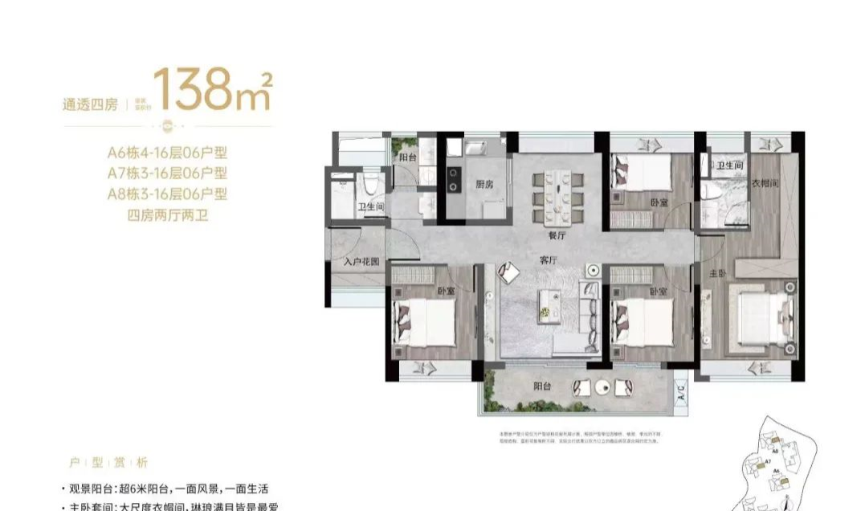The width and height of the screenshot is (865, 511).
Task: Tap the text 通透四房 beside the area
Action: (90, 104)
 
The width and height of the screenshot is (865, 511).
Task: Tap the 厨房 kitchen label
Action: (484, 184)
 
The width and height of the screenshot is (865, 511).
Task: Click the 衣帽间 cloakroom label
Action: (765, 183)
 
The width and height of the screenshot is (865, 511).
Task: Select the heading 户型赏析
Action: (108, 464)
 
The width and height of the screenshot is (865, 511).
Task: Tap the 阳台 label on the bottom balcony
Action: (544, 386)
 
